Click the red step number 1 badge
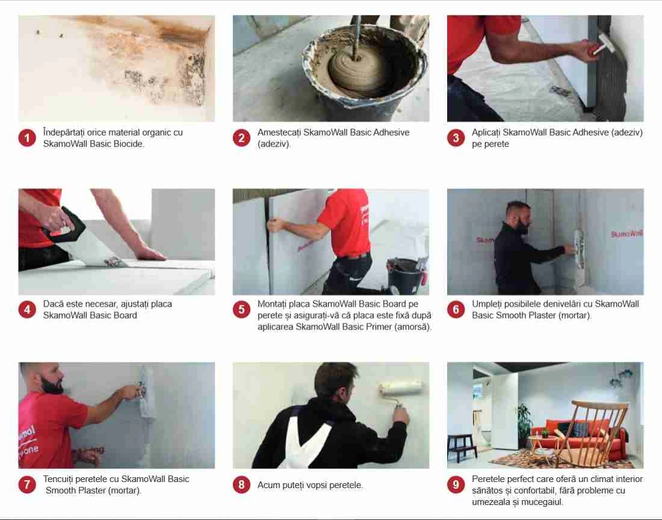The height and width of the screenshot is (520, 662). (x=27, y=138)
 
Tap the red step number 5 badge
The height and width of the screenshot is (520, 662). (x=241, y=310)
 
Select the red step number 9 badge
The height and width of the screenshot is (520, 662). (x=456, y=484)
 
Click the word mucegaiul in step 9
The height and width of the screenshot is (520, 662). (x=542, y=503)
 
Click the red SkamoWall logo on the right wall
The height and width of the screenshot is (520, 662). (x=627, y=233)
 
